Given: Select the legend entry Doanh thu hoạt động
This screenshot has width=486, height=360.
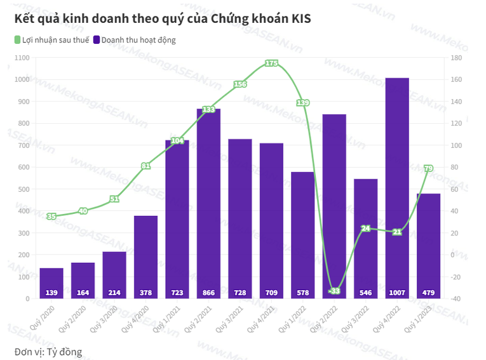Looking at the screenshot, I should (134, 40).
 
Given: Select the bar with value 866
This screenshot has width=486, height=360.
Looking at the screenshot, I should (208, 203).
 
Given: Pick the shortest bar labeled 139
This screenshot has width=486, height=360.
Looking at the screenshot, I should (51, 283).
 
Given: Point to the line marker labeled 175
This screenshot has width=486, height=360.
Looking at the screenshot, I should (271, 63).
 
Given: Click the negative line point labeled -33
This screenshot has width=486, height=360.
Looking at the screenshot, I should (334, 291).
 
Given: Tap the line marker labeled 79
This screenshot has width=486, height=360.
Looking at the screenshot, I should (428, 168).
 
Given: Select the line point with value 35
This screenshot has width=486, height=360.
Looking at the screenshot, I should (51, 217).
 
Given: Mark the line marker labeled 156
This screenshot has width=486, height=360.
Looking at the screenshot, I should (240, 84).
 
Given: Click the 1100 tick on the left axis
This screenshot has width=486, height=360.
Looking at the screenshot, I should (22, 58).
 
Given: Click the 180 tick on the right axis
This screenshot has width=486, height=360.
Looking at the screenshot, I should (456, 58).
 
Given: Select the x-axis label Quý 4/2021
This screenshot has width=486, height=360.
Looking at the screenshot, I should (261, 317).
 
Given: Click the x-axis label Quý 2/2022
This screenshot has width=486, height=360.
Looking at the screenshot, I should (324, 317).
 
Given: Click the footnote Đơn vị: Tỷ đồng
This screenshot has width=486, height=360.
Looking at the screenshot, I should (48, 351).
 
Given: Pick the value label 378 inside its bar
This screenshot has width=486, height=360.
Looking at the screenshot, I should (145, 293).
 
